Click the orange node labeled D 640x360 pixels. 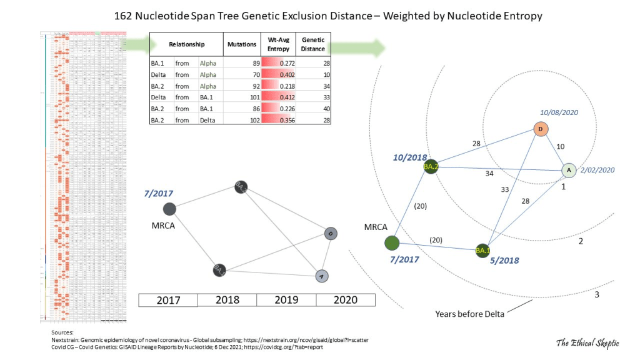tap(541, 129)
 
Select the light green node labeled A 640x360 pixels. tap(569, 169)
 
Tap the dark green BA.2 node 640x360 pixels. tap(430, 166)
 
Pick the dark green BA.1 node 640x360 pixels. tap(482, 251)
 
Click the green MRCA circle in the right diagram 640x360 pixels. tap(392, 242)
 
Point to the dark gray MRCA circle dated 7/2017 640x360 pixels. tap(169, 209)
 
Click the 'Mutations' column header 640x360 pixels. tap(241, 44)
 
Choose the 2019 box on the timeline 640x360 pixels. tap(286, 300)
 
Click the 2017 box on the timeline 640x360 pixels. tap(167, 300)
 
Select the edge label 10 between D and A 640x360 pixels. tap(561, 146)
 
